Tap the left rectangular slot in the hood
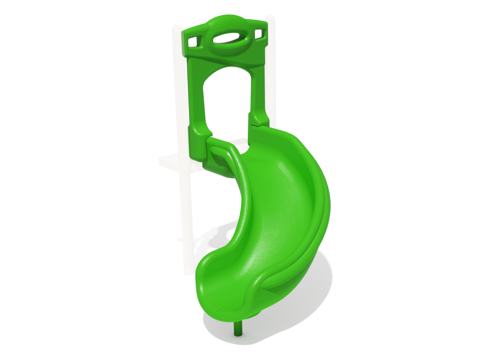193,43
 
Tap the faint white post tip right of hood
271,24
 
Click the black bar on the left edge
33,180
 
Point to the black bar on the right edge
459,180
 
